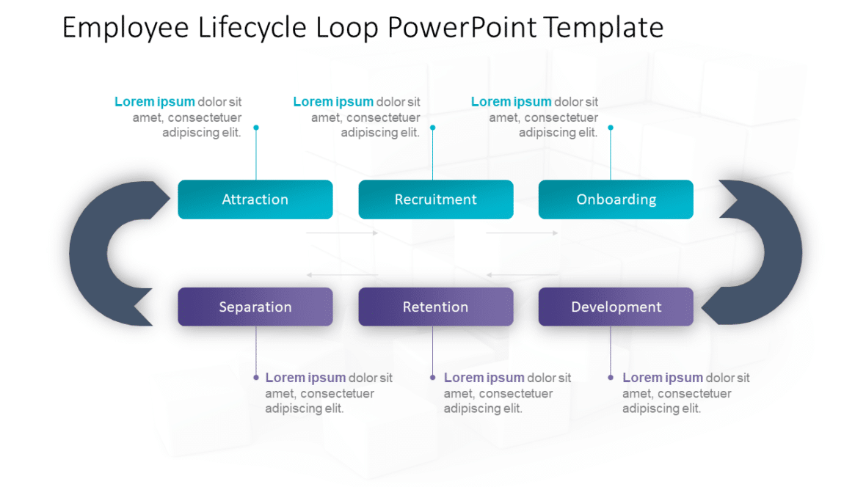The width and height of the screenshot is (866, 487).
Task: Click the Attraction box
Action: point(255,199)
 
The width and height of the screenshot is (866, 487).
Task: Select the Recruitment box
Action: point(435,199)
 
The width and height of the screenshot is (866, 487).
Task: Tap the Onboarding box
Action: point(616,199)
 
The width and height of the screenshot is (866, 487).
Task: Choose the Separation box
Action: point(255,307)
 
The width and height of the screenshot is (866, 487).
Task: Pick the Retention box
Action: point(435,307)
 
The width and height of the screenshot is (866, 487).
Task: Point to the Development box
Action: point(616,307)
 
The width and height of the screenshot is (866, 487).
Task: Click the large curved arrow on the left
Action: point(92,253)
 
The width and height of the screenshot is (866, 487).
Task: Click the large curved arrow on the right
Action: point(778,253)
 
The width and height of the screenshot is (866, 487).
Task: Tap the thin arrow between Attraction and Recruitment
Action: point(342,233)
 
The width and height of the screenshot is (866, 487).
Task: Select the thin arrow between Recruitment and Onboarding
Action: point(522,233)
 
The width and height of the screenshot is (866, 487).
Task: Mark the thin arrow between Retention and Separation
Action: point(342,275)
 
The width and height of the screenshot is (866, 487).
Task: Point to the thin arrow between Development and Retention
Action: point(522,275)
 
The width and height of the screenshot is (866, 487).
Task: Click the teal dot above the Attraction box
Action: point(256,128)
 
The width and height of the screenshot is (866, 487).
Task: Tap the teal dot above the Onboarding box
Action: point(611,128)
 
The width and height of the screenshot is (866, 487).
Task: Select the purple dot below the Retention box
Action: point(432,378)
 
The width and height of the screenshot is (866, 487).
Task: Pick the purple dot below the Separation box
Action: point(256,378)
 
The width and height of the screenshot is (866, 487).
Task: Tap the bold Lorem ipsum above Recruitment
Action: point(333,102)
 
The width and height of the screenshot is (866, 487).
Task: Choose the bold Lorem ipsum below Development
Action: point(663,378)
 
